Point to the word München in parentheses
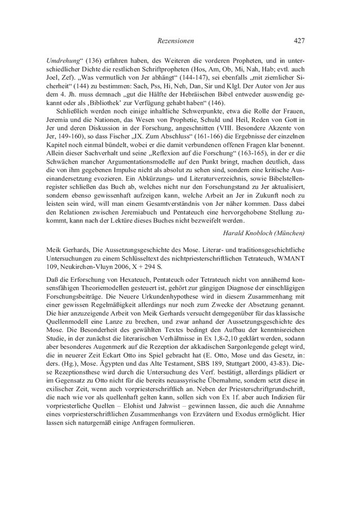(x=289, y=233)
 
